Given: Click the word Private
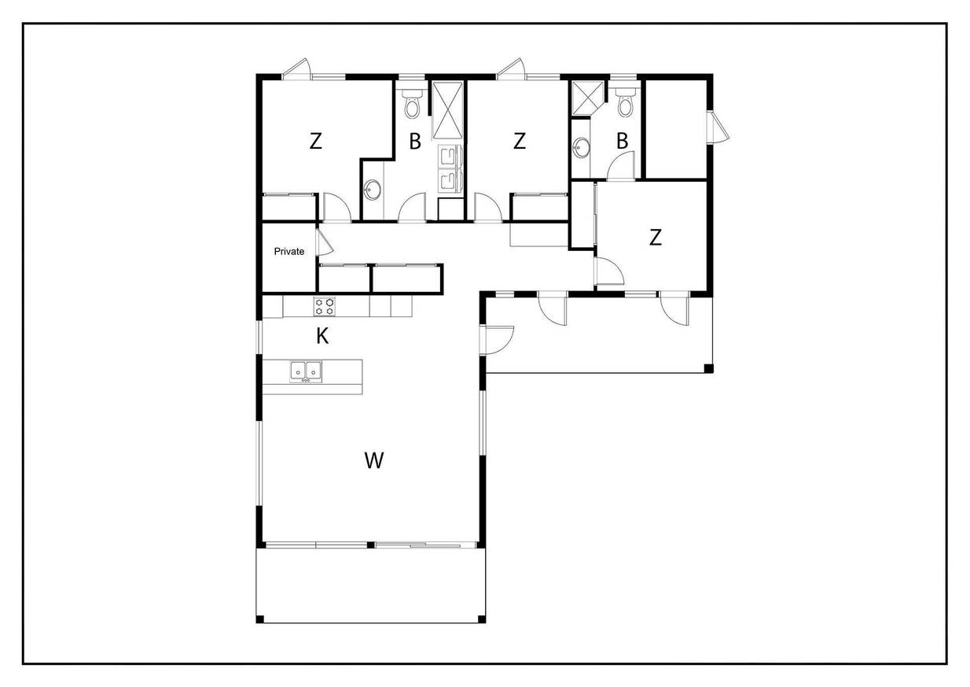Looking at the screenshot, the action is [x=288, y=251].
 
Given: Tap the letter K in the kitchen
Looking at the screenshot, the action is [x=322, y=336].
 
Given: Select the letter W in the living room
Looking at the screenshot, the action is [x=374, y=460].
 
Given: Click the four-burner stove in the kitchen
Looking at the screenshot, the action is [x=325, y=306].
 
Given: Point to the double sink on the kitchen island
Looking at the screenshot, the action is [x=306, y=371].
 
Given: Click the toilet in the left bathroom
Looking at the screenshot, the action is [x=412, y=104].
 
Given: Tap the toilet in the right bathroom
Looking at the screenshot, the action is [x=624, y=102].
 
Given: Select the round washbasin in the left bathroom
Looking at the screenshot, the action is [x=373, y=190].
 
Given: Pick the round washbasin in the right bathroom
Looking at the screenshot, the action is [x=581, y=148].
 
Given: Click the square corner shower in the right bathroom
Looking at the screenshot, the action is [x=588, y=98].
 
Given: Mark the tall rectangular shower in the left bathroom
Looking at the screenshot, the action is [x=448, y=110].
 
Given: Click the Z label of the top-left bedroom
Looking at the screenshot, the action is [x=316, y=141].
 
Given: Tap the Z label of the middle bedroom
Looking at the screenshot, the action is [x=520, y=141].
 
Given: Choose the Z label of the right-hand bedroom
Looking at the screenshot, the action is [x=656, y=238].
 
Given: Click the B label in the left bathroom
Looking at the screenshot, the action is [x=415, y=142].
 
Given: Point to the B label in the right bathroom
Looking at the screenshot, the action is [x=623, y=141].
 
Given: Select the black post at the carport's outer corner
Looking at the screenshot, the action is [x=708, y=369].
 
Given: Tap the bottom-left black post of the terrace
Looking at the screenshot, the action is [x=260, y=619].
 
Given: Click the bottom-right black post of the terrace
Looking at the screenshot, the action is [x=481, y=619].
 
